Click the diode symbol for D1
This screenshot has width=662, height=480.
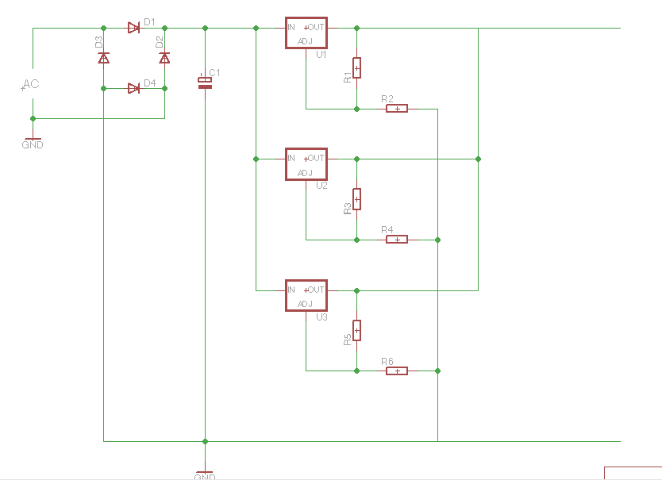[x=134, y=29]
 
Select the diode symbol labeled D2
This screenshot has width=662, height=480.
[x=164, y=58]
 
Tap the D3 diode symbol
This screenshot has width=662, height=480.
[x=103, y=58]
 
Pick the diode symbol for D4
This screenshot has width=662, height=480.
[x=134, y=88]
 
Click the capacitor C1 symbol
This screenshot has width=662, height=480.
[x=205, y=82]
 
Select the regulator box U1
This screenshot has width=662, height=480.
[x=306, y=33]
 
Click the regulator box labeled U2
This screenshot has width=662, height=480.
[x=306, y=164]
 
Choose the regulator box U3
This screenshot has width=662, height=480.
[x=306, y=295]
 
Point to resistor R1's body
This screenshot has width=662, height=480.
[x=356, y=68]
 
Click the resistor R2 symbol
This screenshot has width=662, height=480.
[x=397, y=109]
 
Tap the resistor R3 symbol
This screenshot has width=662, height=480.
[x=356, y=199]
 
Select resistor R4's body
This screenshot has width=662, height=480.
[x=397, y=240]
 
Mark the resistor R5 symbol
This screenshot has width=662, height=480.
[x=356, y=330]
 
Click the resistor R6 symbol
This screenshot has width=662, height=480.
[x=397, y=371]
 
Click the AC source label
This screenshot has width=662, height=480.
[x=30, y=84]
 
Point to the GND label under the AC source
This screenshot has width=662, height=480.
[x=33, y=145]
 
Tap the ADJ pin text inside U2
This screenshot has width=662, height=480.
[x=305, y=173]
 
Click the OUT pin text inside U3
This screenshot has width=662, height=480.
[x=315, y=290]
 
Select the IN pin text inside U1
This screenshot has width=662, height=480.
[x=291, y=27]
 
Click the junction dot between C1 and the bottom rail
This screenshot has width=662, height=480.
[x=205, y=442]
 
